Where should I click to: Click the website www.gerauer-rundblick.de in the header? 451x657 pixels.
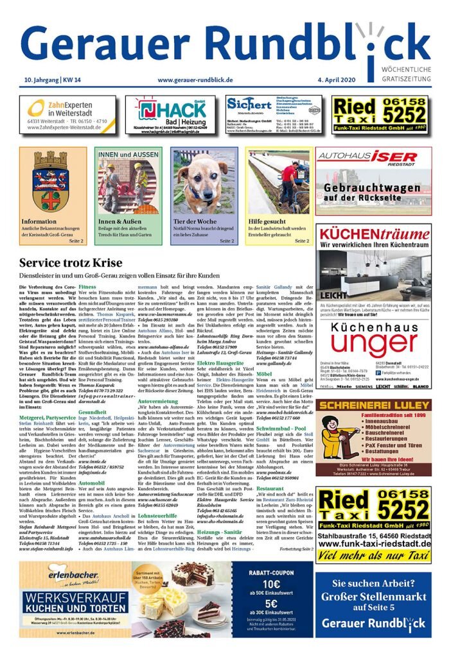[x=195, y=80]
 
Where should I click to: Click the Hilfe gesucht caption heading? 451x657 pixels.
[x=267, y=222]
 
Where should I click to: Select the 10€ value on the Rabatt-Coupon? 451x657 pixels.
[x=272, y=583]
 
